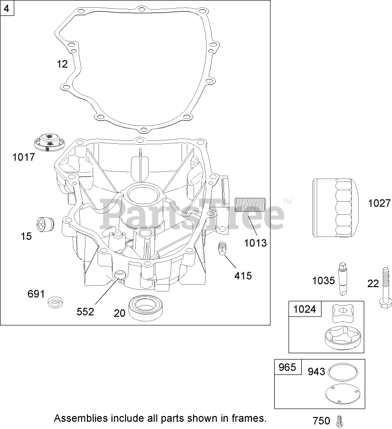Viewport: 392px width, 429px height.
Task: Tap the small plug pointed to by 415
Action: pos(222,249)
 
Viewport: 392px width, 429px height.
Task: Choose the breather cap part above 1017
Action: pos(49,142)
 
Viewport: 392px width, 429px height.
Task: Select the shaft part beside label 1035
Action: pos(343,278)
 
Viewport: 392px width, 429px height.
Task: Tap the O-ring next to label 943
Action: pos(343,372)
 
